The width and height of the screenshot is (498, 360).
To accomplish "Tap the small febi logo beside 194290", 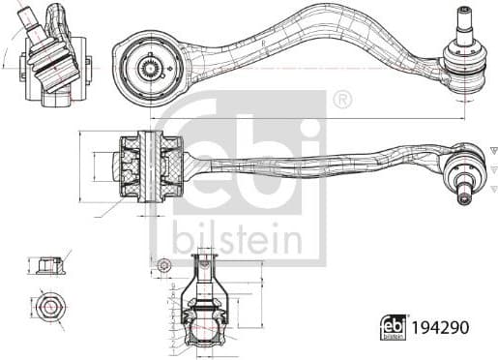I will (x=395, y=328).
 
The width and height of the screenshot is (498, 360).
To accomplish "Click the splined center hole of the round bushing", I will (x=151, y=68).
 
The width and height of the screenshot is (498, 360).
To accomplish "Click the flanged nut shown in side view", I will (x=47, y=264).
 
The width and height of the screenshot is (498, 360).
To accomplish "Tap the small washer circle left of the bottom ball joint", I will (x=163, y=265).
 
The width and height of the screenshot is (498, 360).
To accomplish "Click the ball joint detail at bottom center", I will (x=204, y=300).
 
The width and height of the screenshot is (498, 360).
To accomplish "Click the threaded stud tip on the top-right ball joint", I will (x=461, y=14).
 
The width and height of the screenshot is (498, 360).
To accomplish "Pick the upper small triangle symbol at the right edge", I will (x=491, y=150).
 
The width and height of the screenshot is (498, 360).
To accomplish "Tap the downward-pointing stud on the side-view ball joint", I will (x=464, y=194).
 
